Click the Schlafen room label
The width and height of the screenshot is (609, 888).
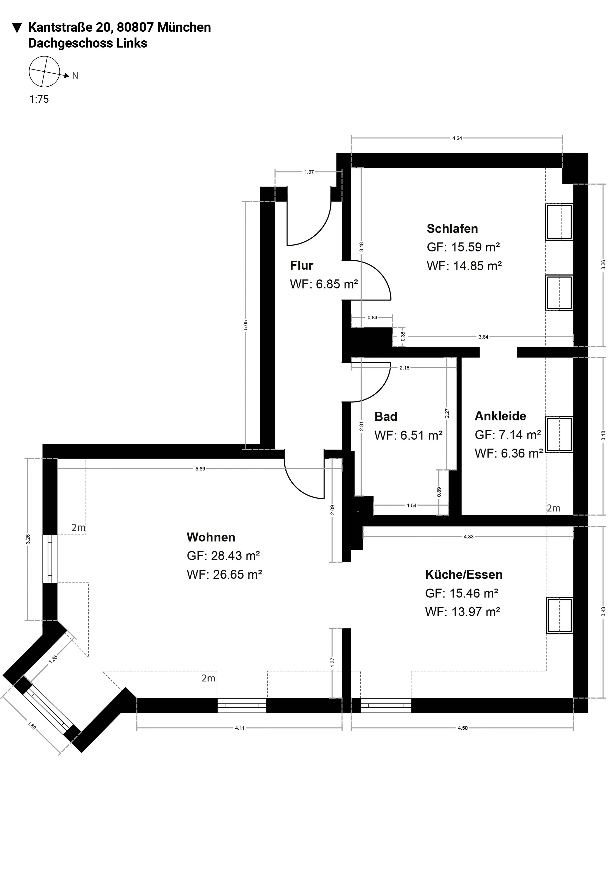452,228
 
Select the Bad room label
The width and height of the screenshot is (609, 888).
386,417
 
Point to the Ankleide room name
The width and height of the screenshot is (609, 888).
500,416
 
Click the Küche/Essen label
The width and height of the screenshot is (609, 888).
464,575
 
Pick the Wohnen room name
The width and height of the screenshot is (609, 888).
211,537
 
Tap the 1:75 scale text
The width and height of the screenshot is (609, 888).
39,99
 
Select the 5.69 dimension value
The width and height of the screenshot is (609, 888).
200,469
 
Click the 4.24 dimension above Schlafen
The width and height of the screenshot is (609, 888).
457,138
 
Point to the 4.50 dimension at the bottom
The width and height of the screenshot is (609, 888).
462,728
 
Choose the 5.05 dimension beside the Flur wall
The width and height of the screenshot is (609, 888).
246,325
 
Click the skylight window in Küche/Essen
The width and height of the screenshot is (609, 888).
559,615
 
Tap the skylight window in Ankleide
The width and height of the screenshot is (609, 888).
559,434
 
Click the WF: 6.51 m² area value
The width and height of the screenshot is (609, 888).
409,435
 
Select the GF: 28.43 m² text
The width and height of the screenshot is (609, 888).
223,555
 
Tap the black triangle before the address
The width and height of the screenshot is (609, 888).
17,28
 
